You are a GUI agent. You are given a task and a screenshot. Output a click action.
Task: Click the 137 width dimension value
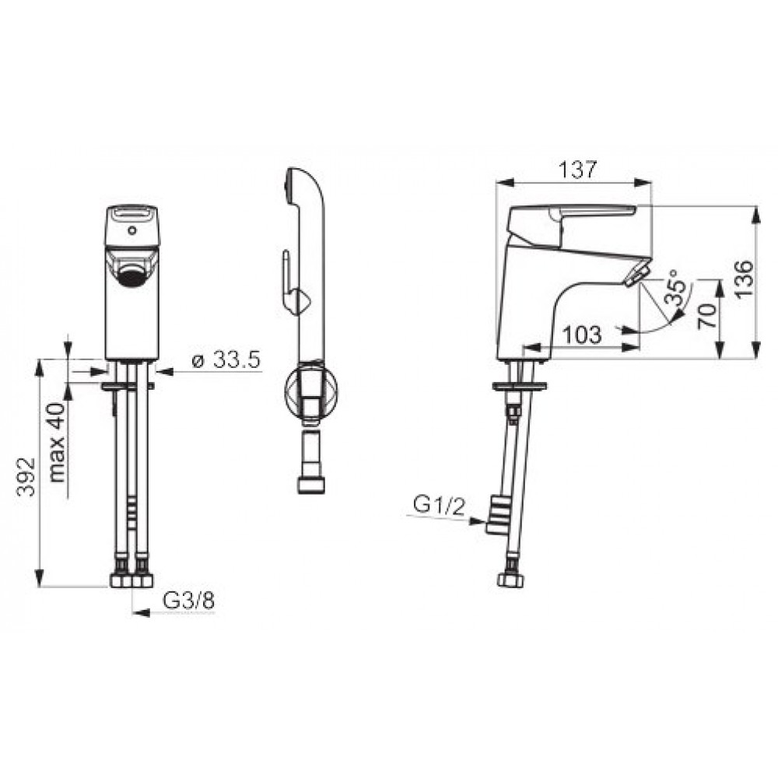577,170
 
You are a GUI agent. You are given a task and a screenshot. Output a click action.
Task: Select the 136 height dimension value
743,279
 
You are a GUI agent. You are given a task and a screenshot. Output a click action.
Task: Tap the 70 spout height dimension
707,316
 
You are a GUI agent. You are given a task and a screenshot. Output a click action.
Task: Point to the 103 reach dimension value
583,335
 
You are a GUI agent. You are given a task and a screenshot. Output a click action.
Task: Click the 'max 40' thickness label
57,443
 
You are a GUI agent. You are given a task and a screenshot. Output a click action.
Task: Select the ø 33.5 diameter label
226,359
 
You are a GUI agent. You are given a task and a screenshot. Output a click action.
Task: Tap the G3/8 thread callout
188,601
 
